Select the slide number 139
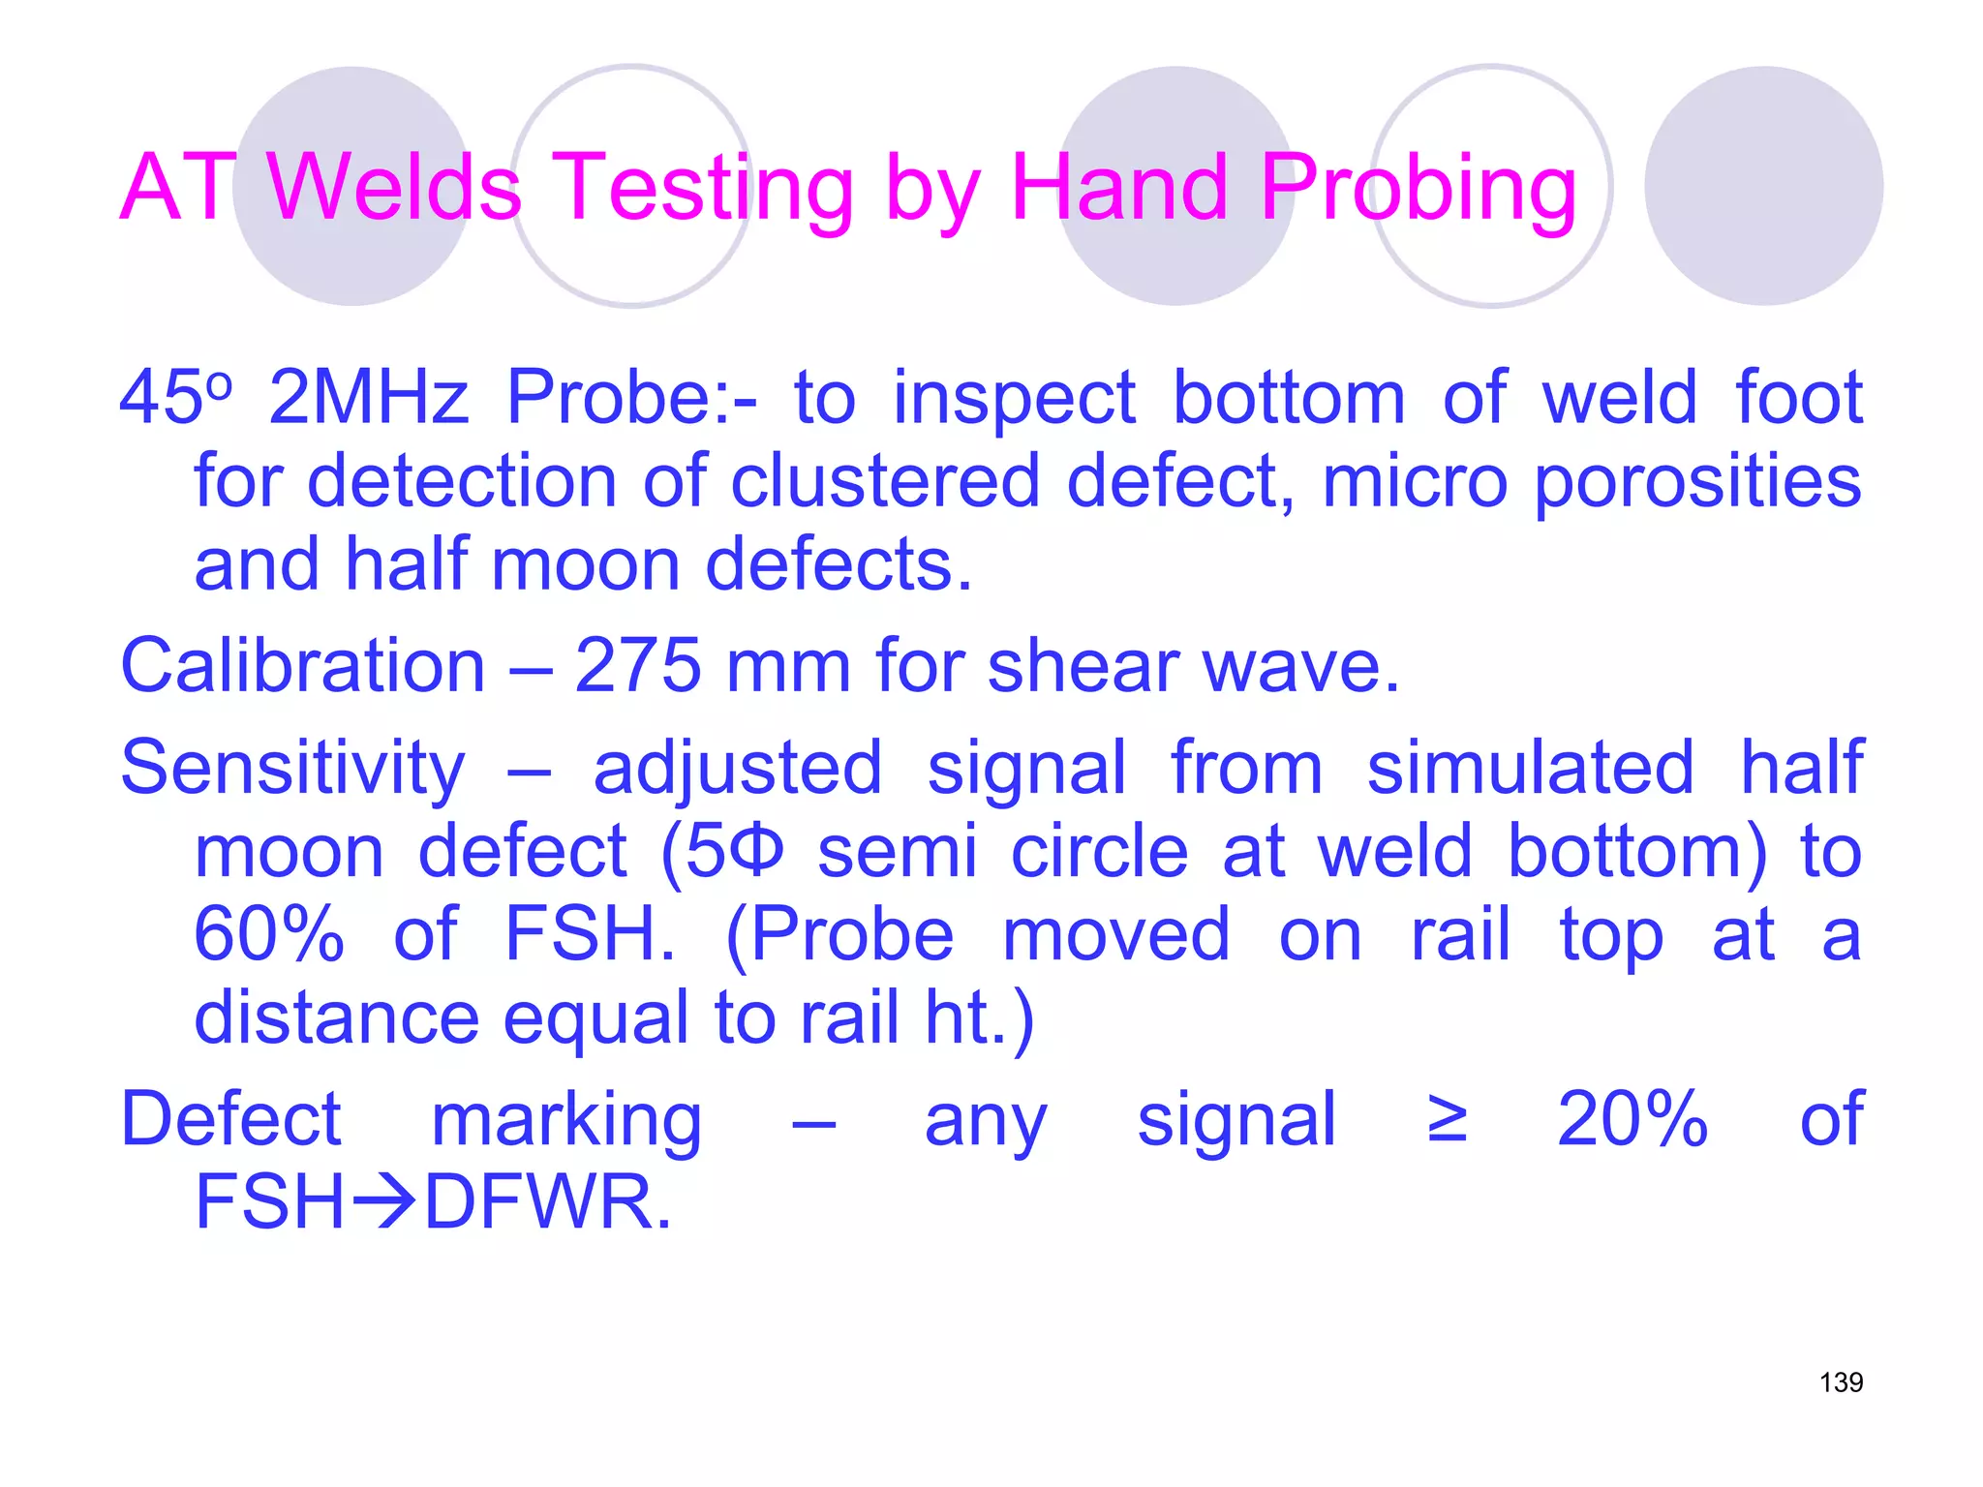(1841, 1381)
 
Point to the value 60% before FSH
(269, 934)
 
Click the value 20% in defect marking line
(1632, 1119)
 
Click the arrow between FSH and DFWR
(384, 1203)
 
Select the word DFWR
(547, 1202)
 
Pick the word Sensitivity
(292, 768)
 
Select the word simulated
(1530, 768)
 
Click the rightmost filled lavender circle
(1762, 186)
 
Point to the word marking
(566, 1121)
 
